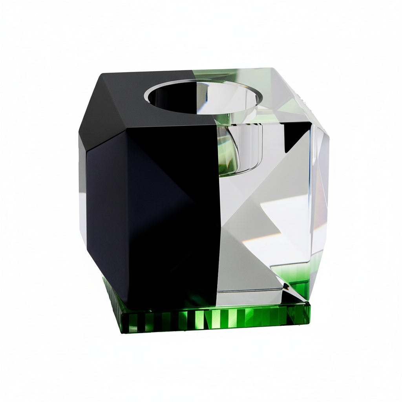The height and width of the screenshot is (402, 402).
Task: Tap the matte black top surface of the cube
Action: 118,98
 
